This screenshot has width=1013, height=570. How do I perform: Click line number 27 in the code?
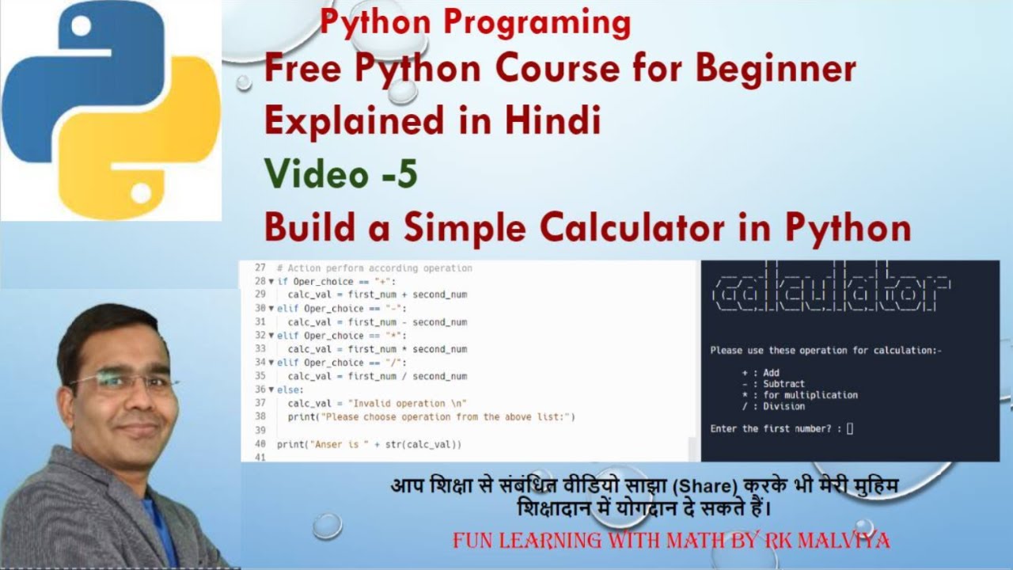tap(260, 268)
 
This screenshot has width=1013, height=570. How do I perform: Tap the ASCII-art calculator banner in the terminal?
tap(831, 294)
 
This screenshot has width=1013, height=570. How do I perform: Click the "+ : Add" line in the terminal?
tap(761, 372)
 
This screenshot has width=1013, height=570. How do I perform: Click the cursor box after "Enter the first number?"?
tap(850, 429)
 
